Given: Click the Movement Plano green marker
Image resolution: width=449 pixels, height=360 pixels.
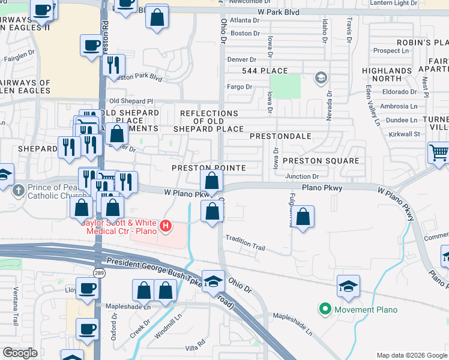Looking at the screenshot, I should point(325,310).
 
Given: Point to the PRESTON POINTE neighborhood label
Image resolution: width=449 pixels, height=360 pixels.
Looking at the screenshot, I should point(209,168).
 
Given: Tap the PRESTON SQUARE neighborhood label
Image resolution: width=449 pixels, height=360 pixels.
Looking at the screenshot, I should point(321,161).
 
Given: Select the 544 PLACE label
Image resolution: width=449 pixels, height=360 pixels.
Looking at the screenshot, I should point(265,71).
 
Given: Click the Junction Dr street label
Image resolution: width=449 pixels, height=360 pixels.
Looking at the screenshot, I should point(302,176).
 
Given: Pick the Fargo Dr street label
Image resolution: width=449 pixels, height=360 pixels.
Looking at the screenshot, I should point(240,87).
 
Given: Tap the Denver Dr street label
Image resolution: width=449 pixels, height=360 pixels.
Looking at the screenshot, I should point(241,60).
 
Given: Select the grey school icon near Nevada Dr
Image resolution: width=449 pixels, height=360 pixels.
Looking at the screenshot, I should point(321,78).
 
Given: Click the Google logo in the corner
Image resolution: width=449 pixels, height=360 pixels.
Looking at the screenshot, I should point(20,353).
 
